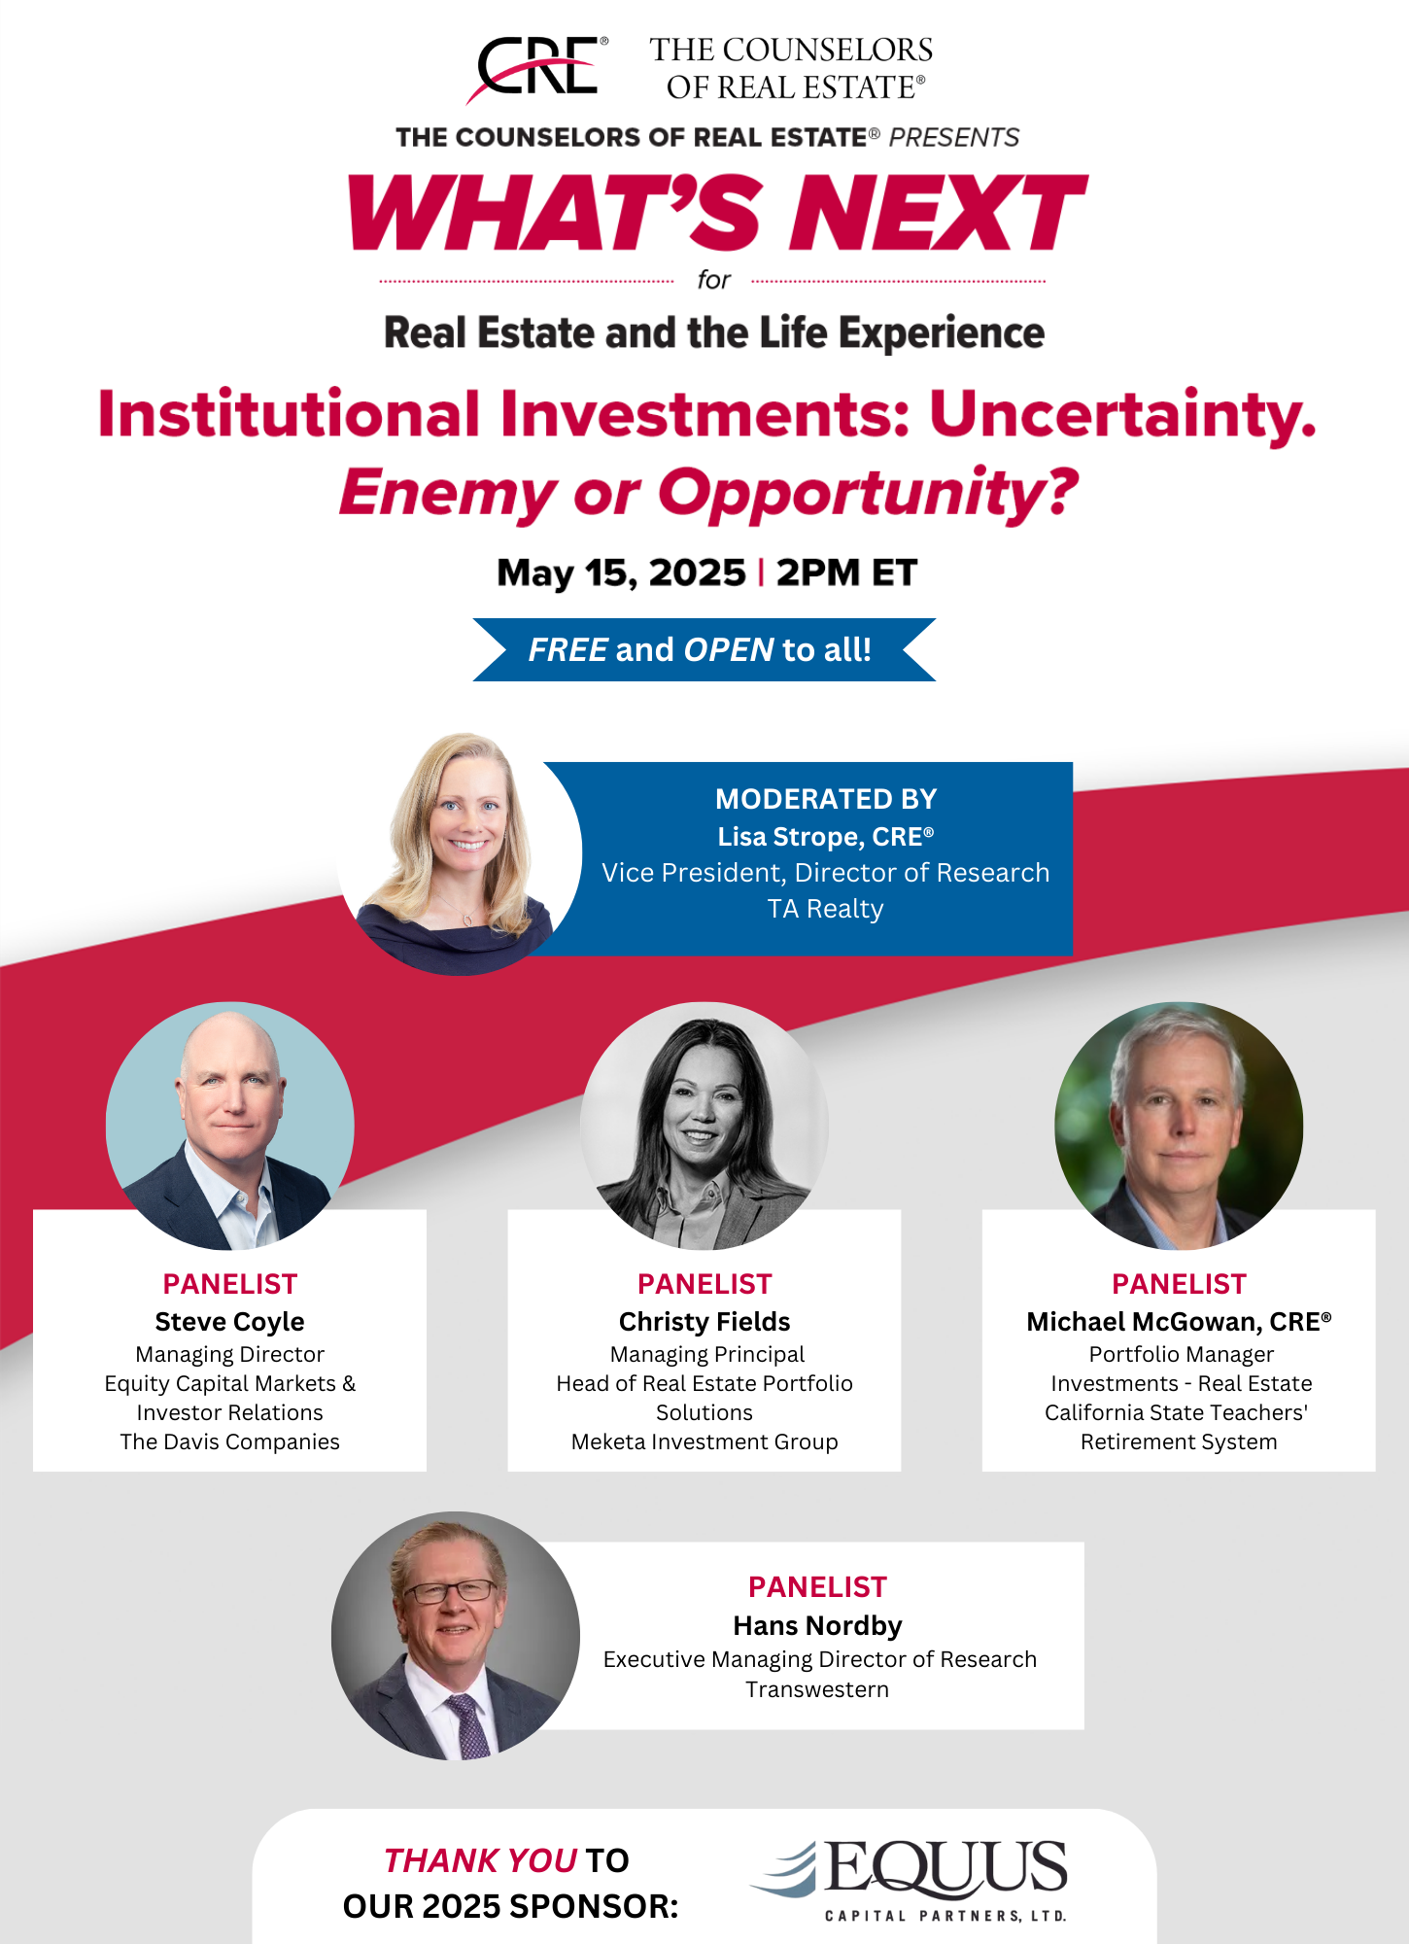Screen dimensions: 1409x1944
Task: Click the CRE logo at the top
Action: [537, 68]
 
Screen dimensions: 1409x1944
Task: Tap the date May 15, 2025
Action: [621, 573]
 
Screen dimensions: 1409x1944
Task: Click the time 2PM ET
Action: [846, 573]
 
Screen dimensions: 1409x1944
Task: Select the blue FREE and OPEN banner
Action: [704, 649]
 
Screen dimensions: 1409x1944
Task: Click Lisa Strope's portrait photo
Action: [459, 853]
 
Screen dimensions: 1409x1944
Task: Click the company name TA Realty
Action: [825, 909]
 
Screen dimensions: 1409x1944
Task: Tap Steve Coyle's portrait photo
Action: [230, 1126]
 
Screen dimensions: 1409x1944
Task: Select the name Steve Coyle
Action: [229, 1322]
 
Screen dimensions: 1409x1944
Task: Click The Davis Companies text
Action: [229, 1441]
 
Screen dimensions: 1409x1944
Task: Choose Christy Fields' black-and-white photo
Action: [704, 1126]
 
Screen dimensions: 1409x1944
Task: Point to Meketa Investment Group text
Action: [704, 1441]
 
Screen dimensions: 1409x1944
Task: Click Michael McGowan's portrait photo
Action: [1179, 1126]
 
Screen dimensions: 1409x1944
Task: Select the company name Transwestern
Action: [817, 1689]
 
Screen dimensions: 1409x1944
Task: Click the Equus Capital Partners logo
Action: [910, 1881]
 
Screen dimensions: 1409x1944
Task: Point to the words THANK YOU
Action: [481, 1860]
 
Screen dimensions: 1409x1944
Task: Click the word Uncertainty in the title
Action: [1122, 415]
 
